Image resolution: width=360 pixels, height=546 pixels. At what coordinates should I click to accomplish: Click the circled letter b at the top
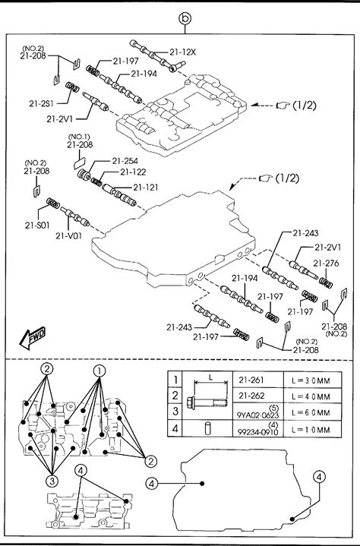(185, 18)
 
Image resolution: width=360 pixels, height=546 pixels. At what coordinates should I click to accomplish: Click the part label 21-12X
(183, 52)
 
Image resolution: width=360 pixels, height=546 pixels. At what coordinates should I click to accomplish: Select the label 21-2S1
(41, 104)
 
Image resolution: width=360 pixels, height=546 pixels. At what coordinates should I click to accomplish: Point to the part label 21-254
(125, 161)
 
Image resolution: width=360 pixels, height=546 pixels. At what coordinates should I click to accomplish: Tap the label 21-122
(133, 172)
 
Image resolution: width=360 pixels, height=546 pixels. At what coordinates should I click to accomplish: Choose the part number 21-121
(146, 188)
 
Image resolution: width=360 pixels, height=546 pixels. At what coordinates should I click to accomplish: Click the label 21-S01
(37, 226)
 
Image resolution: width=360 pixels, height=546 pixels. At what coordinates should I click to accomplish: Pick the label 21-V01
(68, 235)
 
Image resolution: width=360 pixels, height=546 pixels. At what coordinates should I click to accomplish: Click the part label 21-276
(326, 264)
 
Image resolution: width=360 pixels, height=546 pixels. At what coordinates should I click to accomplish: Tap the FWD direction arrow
(33, 338)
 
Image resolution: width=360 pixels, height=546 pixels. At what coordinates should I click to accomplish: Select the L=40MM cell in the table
(312, 396)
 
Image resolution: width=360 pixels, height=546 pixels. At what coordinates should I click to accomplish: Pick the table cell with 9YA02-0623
(258, 412)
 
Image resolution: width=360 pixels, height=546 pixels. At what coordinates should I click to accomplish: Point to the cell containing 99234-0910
(258, 428)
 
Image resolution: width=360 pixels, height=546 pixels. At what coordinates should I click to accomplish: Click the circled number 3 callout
(52, 481)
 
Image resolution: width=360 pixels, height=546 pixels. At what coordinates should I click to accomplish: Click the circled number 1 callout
(99, 371)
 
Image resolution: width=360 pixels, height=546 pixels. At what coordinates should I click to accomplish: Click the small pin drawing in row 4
(207, 428)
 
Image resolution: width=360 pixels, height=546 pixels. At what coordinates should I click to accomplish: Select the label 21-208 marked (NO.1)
(80, 145)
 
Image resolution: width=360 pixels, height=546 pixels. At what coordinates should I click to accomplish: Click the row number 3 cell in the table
(175, 412)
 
